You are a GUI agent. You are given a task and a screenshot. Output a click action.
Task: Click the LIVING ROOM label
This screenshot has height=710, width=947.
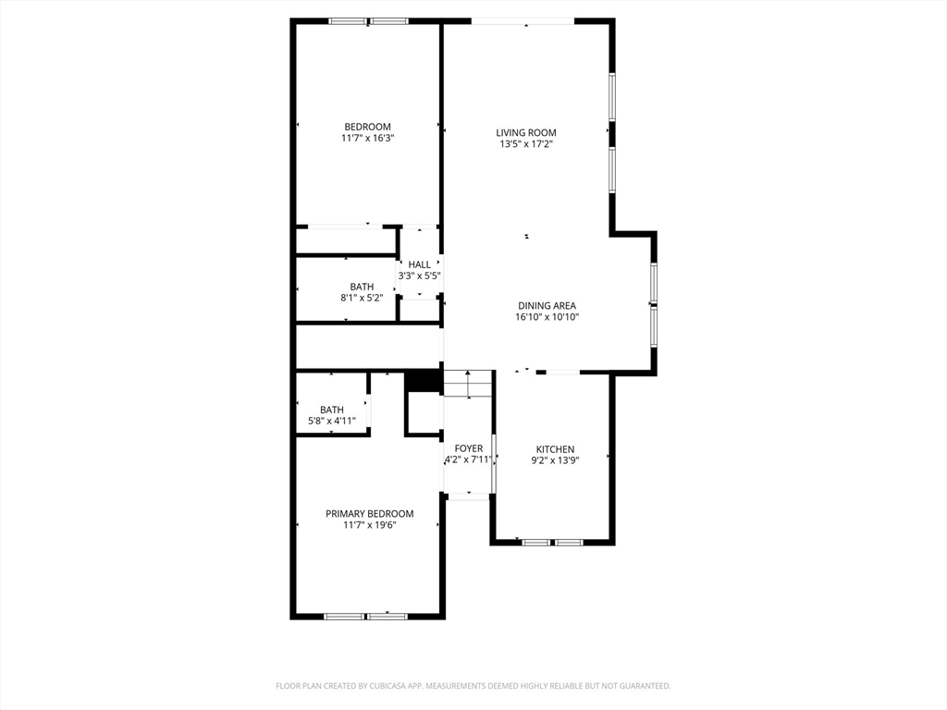(x=526, y=132)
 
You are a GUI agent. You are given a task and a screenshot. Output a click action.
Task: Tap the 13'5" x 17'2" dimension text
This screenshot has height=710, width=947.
(x=526, y=144)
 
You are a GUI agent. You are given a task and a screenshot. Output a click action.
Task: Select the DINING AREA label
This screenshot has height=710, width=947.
(x=547, y=305)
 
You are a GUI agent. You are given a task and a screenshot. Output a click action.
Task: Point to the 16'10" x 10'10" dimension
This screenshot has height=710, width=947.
(x=547, y=317)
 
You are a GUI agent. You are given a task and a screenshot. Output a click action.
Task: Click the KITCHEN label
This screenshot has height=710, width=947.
(x=555, y=449)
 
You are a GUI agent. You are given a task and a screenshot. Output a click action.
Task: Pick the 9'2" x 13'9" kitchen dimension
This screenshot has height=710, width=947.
(x=555, y=460)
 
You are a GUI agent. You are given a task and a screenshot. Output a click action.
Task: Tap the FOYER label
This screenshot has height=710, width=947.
(x=469, y=448)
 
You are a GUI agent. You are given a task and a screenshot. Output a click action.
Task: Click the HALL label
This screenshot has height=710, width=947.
(x=419, y=264)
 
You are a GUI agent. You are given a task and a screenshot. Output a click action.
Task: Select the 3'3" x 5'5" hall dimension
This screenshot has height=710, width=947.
(x=419, y=275)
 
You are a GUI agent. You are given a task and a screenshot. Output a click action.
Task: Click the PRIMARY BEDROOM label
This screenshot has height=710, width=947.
(x=369, y=514)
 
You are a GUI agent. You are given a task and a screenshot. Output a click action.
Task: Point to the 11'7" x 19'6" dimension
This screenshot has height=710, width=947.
(x=369, y=525)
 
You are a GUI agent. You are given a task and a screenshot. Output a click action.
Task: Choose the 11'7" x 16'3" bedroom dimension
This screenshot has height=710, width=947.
(x=367, y=139)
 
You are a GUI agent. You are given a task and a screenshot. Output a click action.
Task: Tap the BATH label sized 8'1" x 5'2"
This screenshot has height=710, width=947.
(x=362, y=287)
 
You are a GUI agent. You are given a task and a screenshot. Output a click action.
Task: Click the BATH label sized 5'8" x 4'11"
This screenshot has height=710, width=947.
(x=332, y=410)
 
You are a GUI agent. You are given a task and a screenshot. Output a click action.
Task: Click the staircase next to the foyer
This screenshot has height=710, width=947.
(x=468, y=383)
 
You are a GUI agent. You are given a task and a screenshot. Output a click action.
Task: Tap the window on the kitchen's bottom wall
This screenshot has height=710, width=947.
(x=552, y=542)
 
